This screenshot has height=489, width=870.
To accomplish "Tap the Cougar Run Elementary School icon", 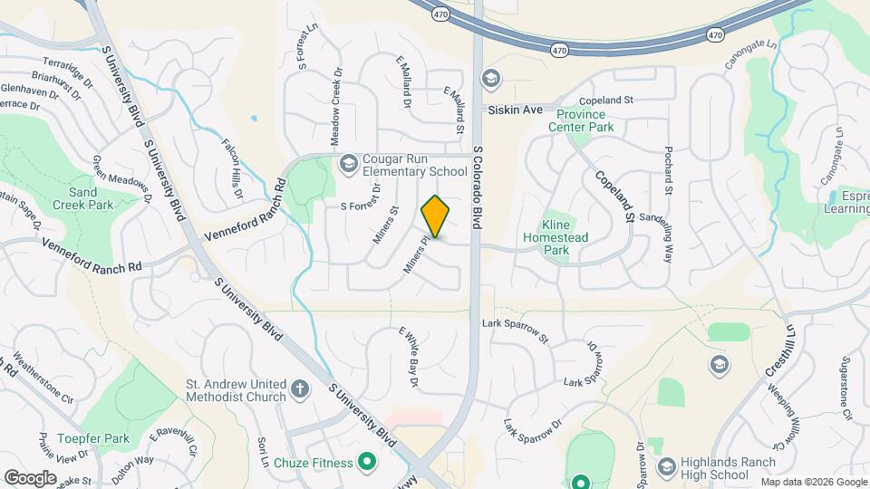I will [x=348, y=164].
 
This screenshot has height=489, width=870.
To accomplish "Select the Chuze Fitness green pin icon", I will [x=367, y=463].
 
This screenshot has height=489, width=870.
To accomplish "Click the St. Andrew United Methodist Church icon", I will [x=301, y=389].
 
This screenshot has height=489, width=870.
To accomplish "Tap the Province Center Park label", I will [x=581, y=121].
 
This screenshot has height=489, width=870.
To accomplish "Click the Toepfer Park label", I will [x=82, y=439].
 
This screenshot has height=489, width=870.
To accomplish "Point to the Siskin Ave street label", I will [x=515, y=110].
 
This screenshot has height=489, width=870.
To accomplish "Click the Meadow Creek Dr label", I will [x=336, y=110].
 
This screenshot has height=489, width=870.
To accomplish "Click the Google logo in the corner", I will [x=30, y=477].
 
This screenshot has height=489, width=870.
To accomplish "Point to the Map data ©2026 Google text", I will [x=813, y=482].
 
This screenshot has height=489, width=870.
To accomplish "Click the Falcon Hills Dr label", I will [x=233, y=168].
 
